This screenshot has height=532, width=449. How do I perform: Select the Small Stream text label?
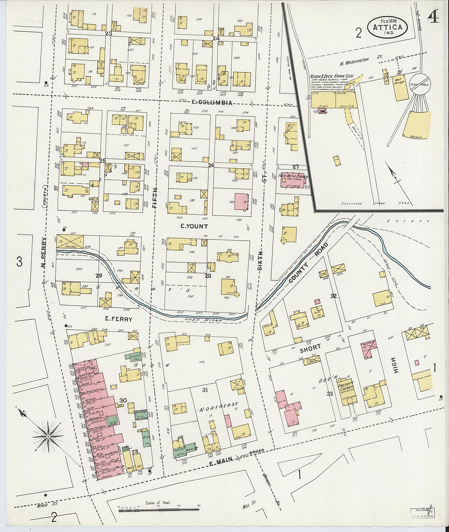coord(203,321)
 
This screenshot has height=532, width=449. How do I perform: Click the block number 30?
coord(123,401)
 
